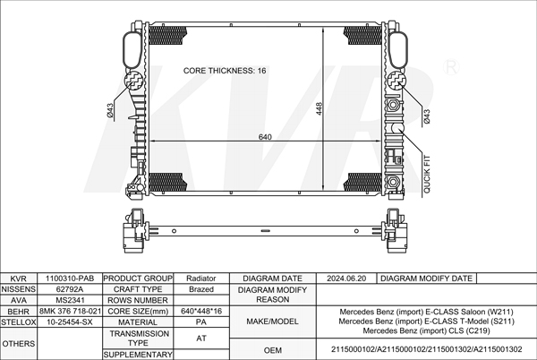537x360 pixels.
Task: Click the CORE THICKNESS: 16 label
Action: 225,71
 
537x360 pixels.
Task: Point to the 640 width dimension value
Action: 265,137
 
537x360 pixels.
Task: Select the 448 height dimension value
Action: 319,108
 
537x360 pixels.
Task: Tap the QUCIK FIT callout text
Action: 427,174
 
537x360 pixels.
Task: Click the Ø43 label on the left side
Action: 110,110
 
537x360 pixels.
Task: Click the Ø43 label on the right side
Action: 427,116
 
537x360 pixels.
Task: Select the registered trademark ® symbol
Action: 451,67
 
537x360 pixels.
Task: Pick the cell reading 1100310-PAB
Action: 70,279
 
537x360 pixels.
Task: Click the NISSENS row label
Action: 19,289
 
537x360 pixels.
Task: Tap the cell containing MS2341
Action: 70,300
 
